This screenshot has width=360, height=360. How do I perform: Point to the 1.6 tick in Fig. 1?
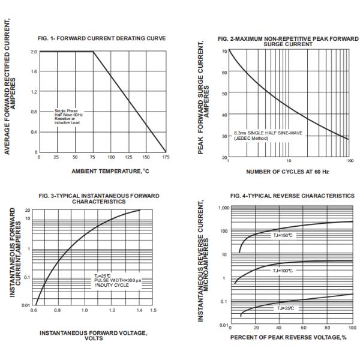coord(34,71)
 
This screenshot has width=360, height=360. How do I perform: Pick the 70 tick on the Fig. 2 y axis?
coord(223,51)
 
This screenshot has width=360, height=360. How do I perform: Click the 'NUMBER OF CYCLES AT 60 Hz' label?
coord(287,171)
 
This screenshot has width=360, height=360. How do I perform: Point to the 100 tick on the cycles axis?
coord(349,161)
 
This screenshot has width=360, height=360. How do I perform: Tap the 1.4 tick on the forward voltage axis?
coord(140,310)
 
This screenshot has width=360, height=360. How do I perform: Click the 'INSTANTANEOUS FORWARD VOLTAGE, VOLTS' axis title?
coord(96,335)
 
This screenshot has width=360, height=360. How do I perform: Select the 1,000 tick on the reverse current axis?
coord(222,208)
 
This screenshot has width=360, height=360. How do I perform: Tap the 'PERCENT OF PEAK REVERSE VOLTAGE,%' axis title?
coord(289,337)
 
